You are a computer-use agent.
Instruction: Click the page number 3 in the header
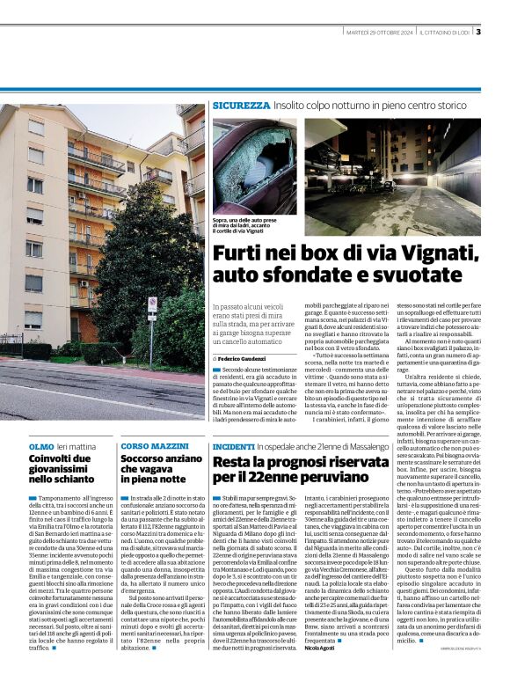[x=478, y=33]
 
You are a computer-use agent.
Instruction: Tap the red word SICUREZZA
[x=241, y=106]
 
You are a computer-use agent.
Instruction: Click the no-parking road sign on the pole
[x=152, y=304]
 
